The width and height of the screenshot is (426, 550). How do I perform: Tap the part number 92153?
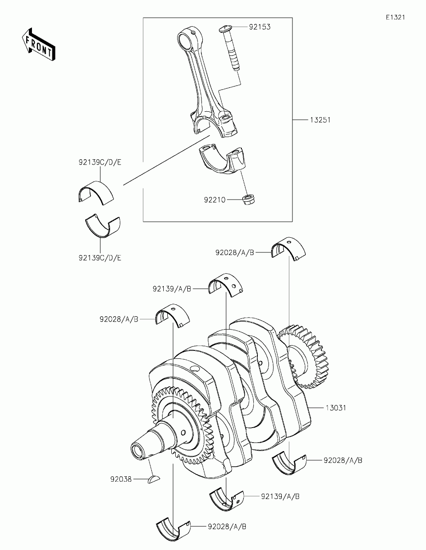coord(260,27)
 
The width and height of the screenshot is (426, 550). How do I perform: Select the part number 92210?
coord(215,200)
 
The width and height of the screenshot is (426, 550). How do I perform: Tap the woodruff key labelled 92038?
coord(154,479)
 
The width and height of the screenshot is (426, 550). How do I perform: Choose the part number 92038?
coord(121,479)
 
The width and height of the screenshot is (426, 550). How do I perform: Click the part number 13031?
coord(335,408)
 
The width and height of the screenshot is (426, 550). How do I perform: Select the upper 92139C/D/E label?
coord(100,162)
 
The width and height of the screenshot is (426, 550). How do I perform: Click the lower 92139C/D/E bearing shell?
coord(102,224)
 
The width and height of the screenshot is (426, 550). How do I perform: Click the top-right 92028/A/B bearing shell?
coord(289,248)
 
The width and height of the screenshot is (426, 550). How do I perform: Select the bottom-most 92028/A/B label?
coord(227,526)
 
